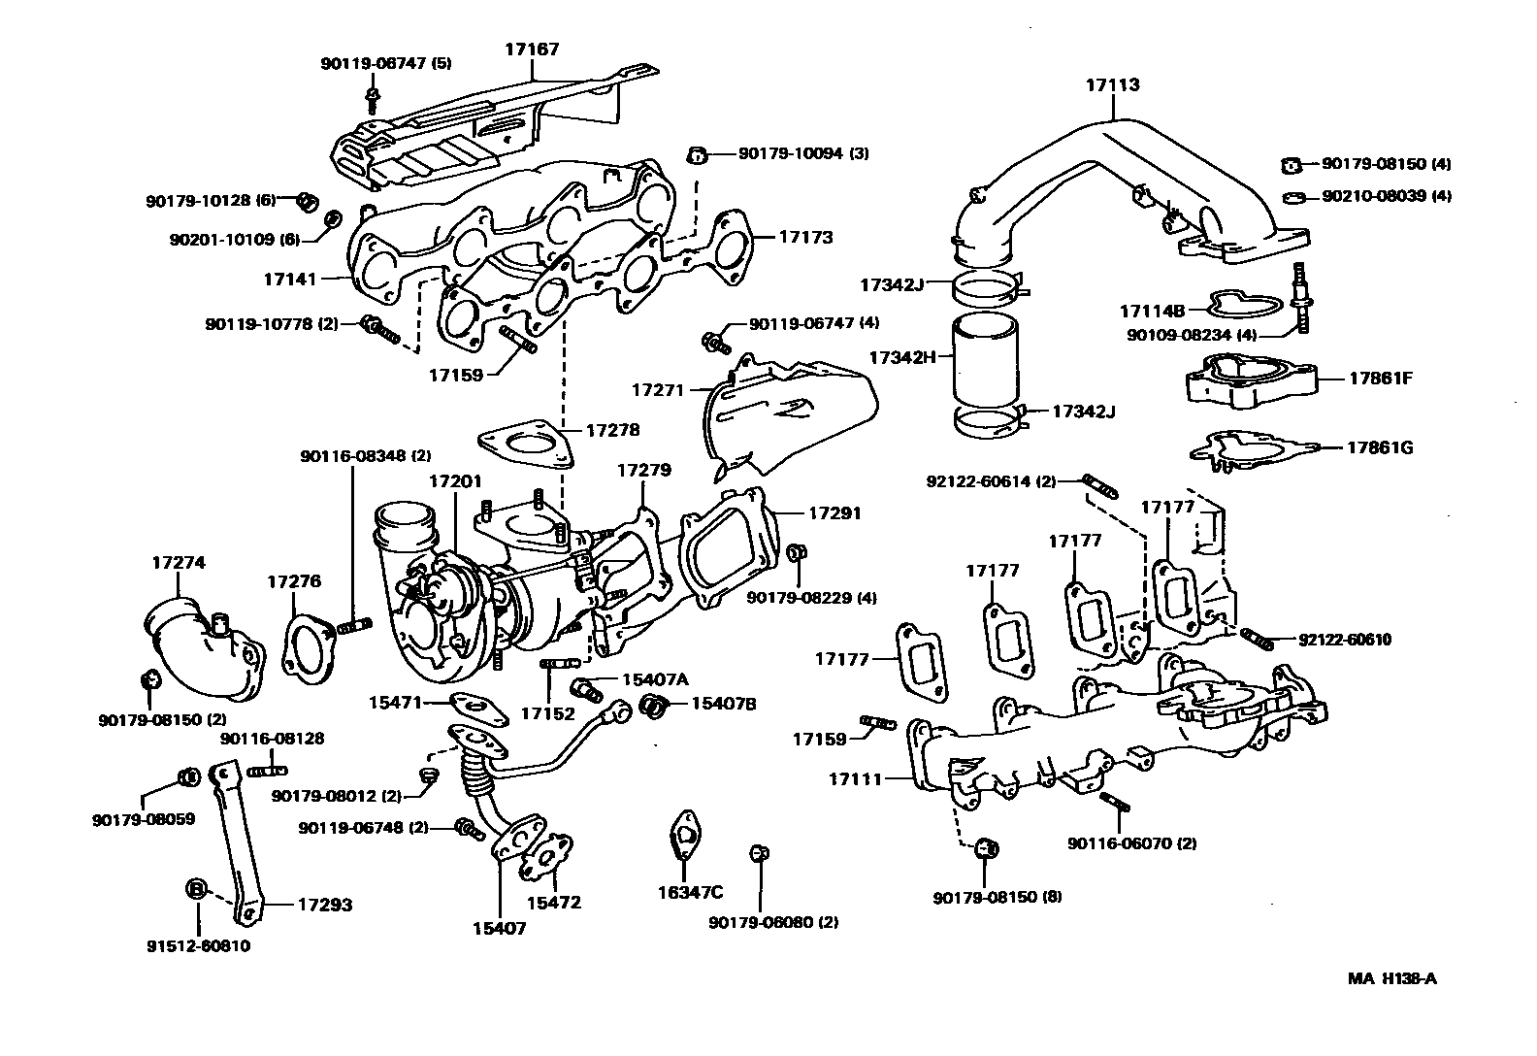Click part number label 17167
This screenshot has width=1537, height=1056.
[x=532, y=49]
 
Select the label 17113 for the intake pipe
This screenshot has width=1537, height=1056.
[x=1112, y=85]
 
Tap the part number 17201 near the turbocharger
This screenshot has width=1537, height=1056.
[x=455, y=481]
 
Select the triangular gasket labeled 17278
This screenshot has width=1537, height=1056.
[x=524, y=445]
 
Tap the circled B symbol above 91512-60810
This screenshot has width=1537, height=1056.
[x=195, y=888]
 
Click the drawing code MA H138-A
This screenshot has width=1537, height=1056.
[x=1391, y=978]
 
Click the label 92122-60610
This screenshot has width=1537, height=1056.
[x=1344, y=640]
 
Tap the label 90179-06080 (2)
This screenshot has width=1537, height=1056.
[x=772, y=922]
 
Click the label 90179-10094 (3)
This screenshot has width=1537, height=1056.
[x=802, y=153]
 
